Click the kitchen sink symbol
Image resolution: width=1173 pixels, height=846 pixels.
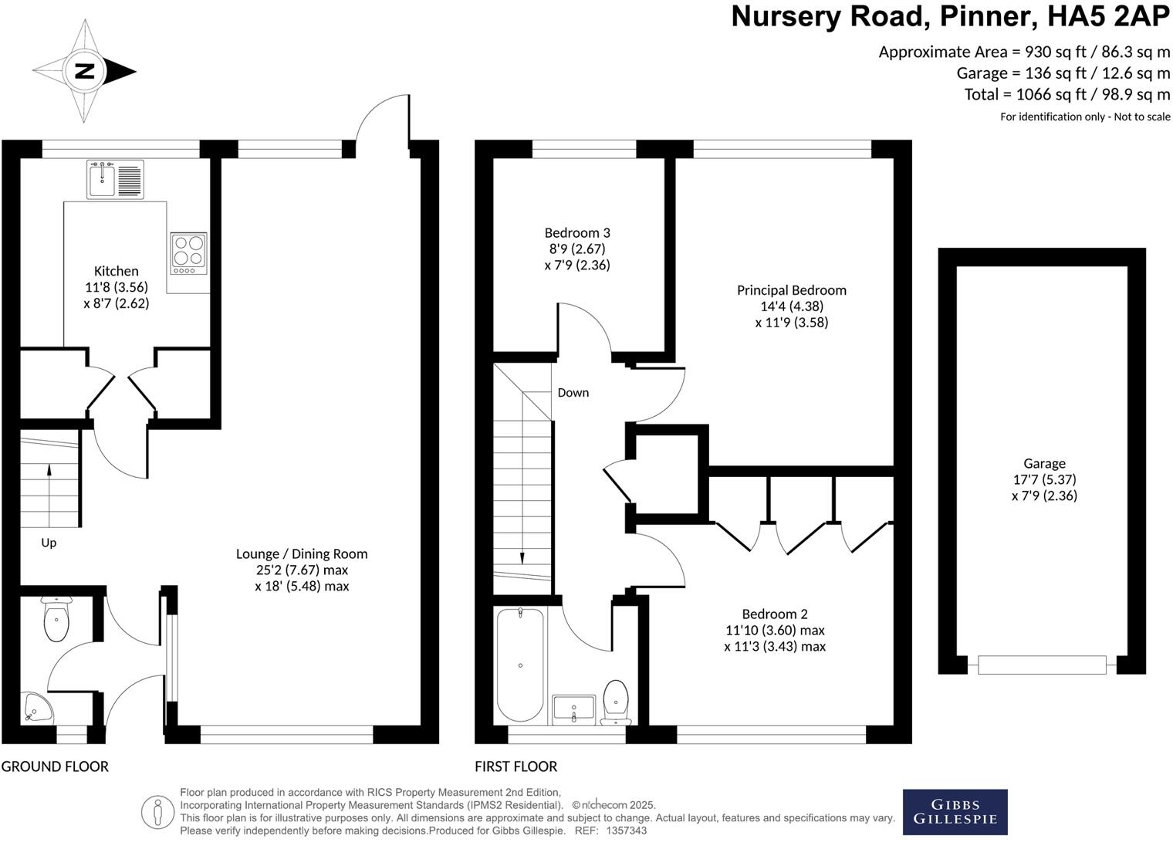click(x=115, y=180)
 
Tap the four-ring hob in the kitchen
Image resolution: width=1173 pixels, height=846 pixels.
click(x=188, y=253)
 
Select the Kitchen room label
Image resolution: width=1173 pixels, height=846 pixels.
click(x=117, y=271)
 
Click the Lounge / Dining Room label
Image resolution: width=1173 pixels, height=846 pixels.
click(x=302, y=553)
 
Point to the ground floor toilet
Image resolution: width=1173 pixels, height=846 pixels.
click(x=56, y=620)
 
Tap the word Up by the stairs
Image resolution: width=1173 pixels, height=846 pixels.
click(x=49, y=543)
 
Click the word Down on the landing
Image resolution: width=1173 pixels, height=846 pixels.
click(x=573, y=392)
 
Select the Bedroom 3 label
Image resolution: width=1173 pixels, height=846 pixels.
click(x=577, y=232)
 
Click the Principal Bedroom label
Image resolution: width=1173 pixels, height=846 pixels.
click(x=792, y=290)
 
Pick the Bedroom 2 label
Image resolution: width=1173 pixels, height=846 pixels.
click(x=775, y=614)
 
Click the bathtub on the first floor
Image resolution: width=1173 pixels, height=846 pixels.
click(x=521, y=665)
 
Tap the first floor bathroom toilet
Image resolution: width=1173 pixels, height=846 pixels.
click(x=616, y=701)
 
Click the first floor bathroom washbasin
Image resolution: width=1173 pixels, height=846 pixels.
click(x=573, y=708)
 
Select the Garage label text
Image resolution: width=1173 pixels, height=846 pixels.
click(x=1044, y=463)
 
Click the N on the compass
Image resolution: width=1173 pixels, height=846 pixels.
click(x=84, y=72)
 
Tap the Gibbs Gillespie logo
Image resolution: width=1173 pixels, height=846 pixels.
click(x=955, y=811)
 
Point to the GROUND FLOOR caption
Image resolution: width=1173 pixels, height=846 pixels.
click(x=55, y=766)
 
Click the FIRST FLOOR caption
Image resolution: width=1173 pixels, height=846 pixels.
click(x=516, y=766)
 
